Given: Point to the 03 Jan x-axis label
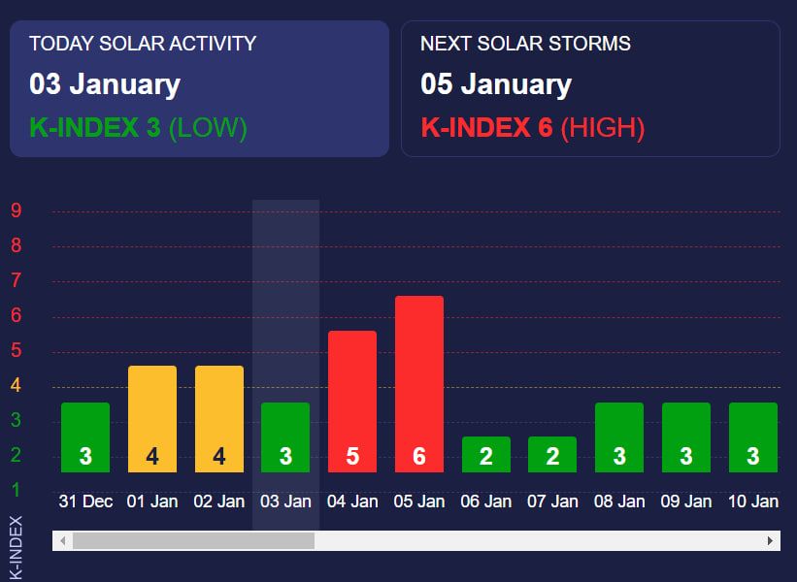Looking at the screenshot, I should pyautogui.click(x=285, y=501).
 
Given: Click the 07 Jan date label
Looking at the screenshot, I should pyautogui.click(x=552, y=501).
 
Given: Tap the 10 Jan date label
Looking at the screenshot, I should pyautogui.click(x=752, y=501).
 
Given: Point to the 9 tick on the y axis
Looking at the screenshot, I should pyautogui.click(x=16, y=210).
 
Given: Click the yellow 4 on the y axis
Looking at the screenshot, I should pyautogui.click(x=16, y=385).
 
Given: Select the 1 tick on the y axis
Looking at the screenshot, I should pyautogui.click(x=16, y=490).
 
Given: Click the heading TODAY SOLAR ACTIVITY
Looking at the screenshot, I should pyautogui.click(x=143, y=44).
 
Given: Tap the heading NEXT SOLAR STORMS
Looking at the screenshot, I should pyautogui.click(x=525, y=44).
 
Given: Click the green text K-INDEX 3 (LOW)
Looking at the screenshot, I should pyautogui.click(x=139, y=127).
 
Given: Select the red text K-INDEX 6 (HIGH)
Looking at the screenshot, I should pyautogui.click(x=533, y=127).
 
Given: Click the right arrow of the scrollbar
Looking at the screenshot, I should pyautogui.click(x=771, y=540).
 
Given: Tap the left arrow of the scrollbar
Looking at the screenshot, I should pyautogui.click(x=63, y=540).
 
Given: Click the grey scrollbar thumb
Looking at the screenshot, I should pyautogui.click(x=193, y=540).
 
